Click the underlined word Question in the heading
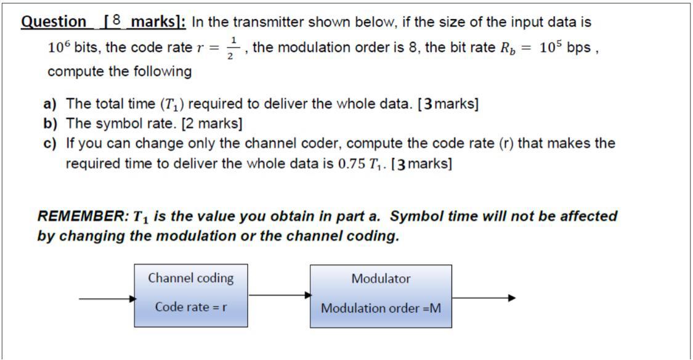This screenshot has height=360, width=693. tap(54, 22)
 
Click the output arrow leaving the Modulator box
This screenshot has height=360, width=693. tap(484, 298)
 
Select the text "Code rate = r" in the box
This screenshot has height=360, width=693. tap(190, 307)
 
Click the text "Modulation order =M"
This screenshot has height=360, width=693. tap(381, 308)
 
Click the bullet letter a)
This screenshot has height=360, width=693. tap(50, 104)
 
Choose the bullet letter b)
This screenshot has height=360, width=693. tap(50, 123)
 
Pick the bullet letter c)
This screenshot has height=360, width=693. tap(50, 144)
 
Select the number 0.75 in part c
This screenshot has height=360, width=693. tap(352, 165)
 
